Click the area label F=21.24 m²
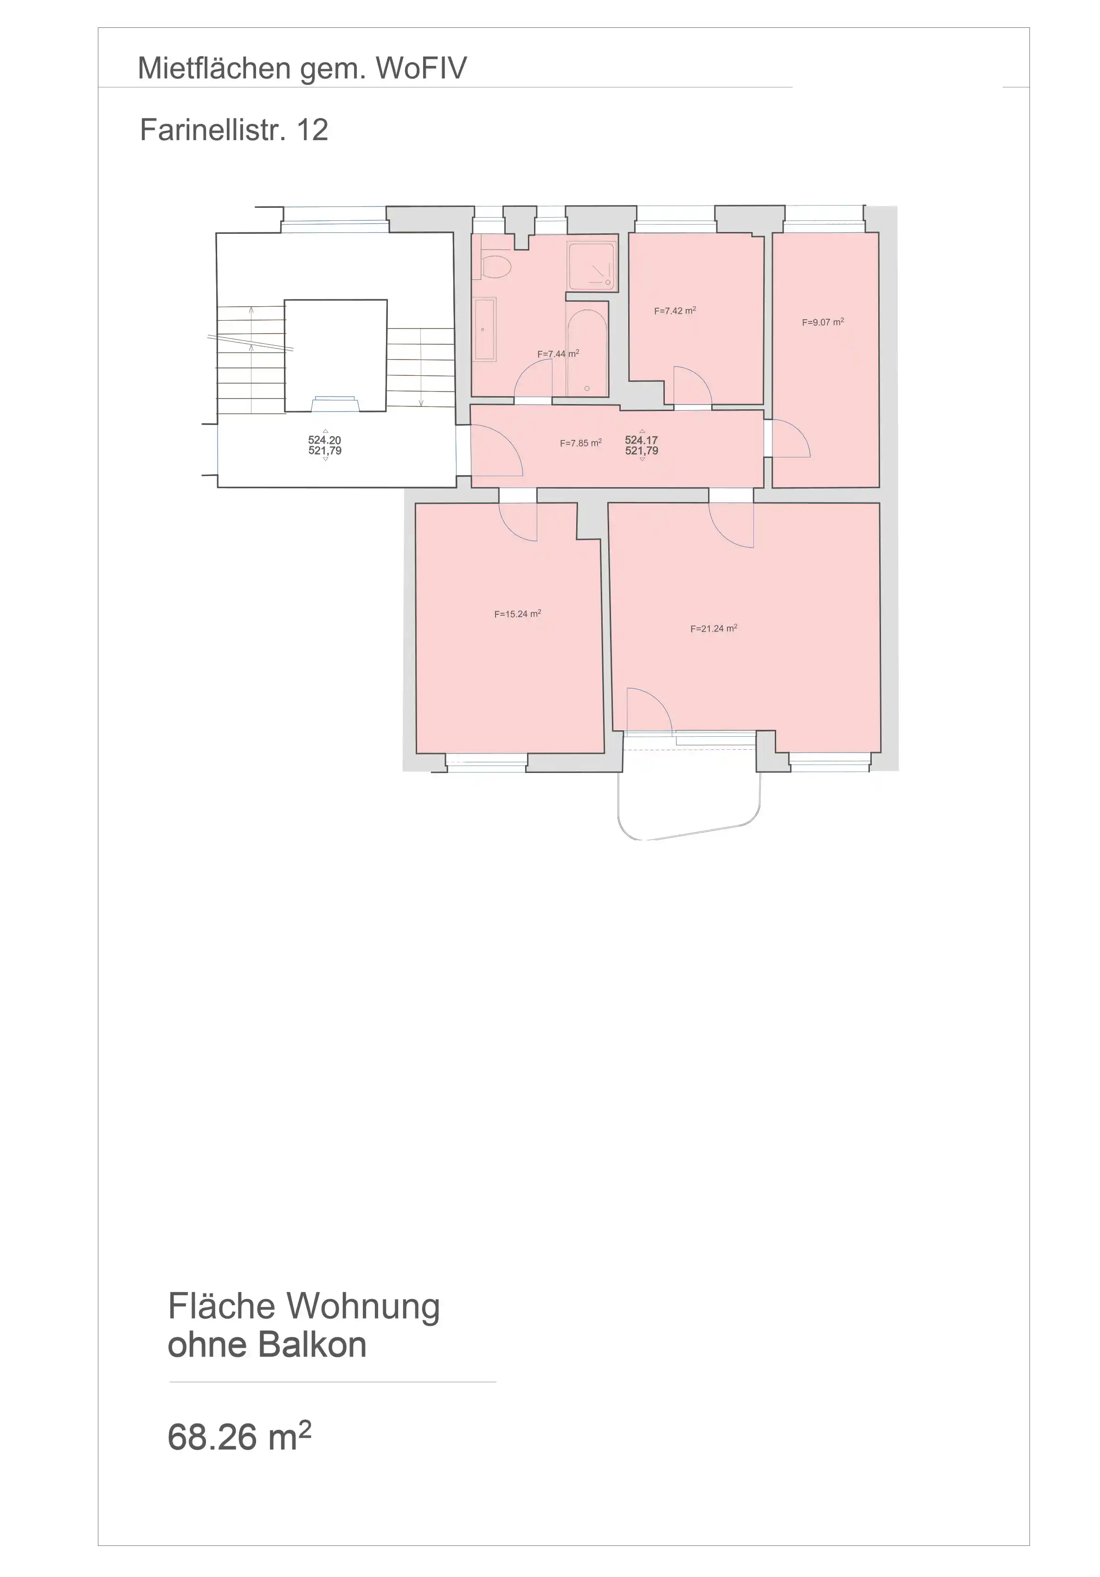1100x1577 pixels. (714, 628)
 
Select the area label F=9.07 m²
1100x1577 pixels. (823, 322)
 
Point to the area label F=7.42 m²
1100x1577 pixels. (675, 310)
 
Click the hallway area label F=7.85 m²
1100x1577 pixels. (581, 443)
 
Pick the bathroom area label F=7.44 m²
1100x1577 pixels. (558, 354)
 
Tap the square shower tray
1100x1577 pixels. (591, 266)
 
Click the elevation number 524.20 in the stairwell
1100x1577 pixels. (325, 439)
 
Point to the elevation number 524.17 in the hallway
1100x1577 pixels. (641, 439)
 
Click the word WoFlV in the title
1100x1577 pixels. (421, 69)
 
